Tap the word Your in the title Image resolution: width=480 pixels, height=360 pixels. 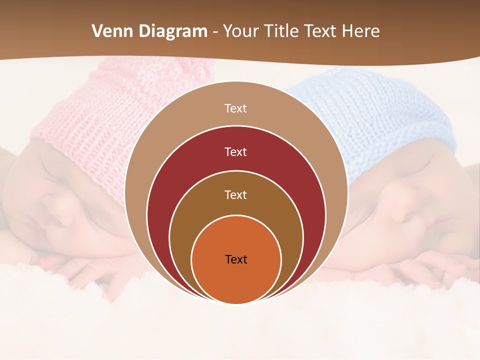(240, 31)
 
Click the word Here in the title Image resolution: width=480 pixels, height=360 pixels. (360, 31)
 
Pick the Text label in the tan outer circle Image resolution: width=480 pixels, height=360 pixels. (235, 108)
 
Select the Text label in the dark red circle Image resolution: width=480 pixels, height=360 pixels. (235, 152)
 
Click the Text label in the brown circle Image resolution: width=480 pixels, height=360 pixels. (235, 195)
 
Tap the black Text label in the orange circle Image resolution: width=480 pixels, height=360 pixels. (236, 259)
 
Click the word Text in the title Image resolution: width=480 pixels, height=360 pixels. (319, 31)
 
